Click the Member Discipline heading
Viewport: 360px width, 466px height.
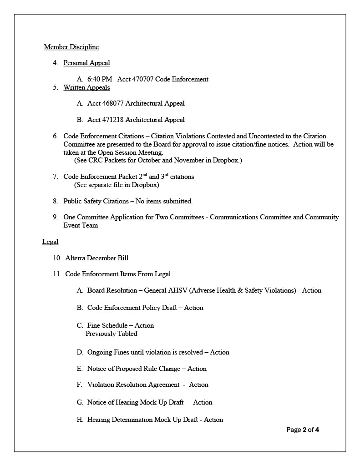[71, 47]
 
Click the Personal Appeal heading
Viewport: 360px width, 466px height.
[86, 63]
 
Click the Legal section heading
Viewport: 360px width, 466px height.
[50, 242]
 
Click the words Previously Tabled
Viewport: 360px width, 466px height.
[112, 334]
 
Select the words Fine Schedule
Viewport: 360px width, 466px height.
[108, 325]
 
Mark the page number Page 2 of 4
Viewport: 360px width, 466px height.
[303, 430]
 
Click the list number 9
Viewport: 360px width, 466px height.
[55, 217]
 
